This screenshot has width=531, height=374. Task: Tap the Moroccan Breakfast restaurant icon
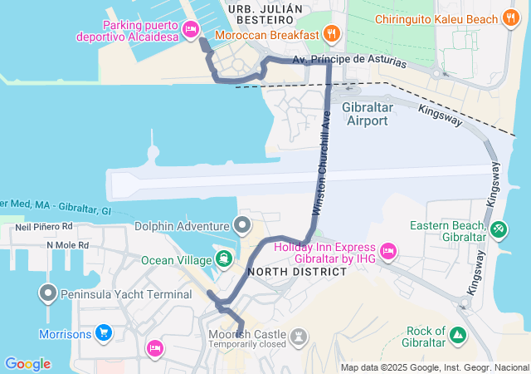(x=332, y=33)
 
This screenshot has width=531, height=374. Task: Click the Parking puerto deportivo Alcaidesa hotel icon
(x=190, y=30)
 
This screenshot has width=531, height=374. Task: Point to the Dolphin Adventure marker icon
(x=242, y=225)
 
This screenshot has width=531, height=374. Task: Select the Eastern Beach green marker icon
(x=498, y=228)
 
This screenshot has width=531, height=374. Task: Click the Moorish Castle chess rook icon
(x=299, y=337)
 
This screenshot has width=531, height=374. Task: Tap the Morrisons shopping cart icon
(x=104, y=334)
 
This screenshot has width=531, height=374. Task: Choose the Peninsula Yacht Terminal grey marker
(x=48, y=293)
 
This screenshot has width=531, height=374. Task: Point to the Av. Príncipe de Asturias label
(x=349, y=60)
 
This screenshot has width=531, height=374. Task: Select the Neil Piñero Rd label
(x=45, y=226)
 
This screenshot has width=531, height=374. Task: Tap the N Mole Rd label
(x=72, y=245)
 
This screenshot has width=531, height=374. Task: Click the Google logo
(x=27, y=364)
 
